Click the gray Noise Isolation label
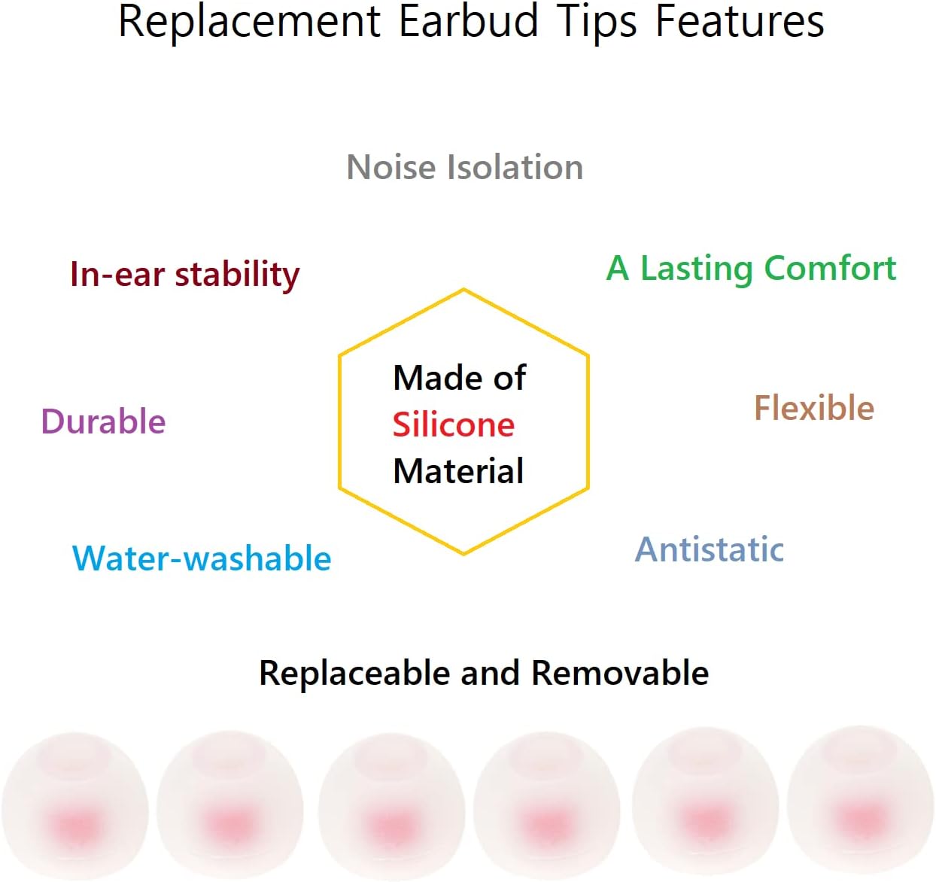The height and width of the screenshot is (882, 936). coord(465,167)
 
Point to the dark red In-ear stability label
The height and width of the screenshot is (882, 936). coord(184,275)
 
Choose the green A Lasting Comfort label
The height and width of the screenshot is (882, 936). coord(751,269)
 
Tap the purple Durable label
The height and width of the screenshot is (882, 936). coord(103,421)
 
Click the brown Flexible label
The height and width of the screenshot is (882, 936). coord(814,408)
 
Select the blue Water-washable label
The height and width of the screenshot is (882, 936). coord(202,558)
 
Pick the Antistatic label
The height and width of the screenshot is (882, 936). coord(710,549)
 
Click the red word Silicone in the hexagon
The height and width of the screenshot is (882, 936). coord(454,425)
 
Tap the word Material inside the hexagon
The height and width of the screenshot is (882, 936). coord(458,471)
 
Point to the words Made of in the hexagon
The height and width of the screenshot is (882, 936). coord(459,378)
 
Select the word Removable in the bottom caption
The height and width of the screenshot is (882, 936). coord(620,673)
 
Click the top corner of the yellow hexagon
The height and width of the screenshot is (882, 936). coord(463,290)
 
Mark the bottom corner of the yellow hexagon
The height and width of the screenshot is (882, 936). coord(463,554)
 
